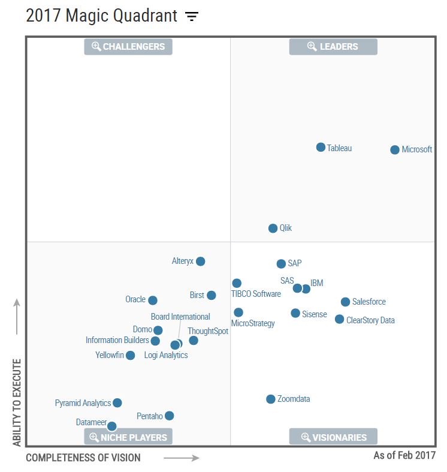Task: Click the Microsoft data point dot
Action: pos(394,149)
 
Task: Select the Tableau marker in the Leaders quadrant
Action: pos(321,147)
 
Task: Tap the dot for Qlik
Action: pos(273,228)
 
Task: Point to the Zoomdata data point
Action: pos(270,399)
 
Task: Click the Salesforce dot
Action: pos(345,302)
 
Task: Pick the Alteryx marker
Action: pos(200,261)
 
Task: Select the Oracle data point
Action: pos(153,300)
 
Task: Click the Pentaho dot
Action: pos(169,416)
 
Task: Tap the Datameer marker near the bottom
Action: pos(111,426)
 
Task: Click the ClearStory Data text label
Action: pos(370,320)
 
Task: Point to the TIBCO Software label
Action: pos(256,294)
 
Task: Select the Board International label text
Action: pos(180,317)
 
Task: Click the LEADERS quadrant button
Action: pos(333,47)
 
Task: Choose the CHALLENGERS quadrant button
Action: pos(128,47)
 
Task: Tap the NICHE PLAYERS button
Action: pos(128,437)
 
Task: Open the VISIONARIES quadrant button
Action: pos(333,437)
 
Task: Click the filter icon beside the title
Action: pos(191,16)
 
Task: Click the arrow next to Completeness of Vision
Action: pos(181,458)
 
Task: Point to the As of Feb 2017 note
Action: pos(404,456)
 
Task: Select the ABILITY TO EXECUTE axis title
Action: pos(17,402)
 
